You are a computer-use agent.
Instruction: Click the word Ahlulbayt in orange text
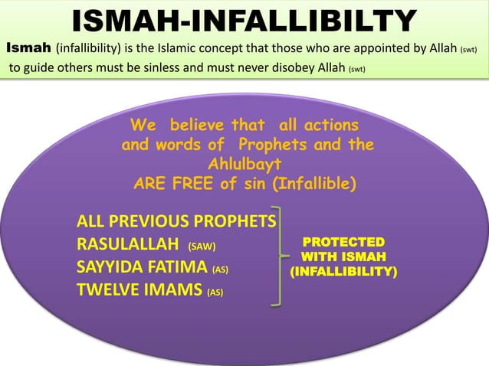(244, 164)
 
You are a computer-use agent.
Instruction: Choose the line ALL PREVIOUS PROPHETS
(176, 223)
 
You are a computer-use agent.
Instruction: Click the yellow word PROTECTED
(343, 243)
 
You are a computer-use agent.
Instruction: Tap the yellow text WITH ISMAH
(343, 257)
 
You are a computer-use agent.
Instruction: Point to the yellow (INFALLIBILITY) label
(343, 271)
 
